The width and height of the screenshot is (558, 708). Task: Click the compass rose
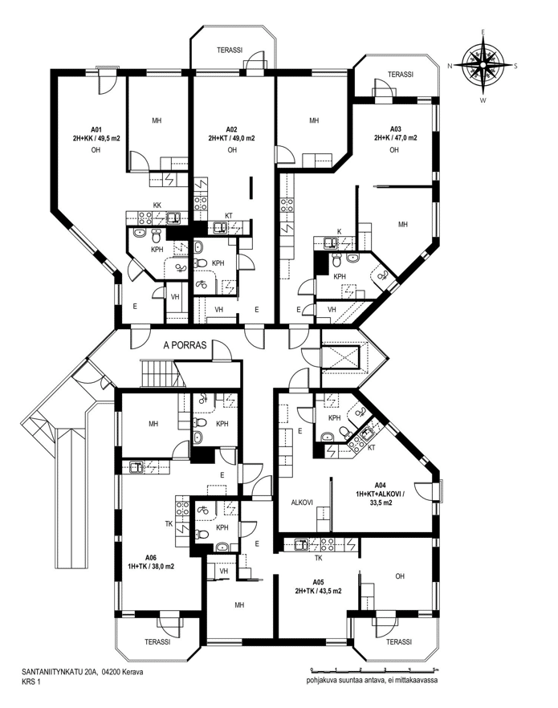coord(483,66)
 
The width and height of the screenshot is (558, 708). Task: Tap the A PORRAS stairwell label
coord(185,345)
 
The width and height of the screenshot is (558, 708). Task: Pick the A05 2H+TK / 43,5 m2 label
coord(318,587)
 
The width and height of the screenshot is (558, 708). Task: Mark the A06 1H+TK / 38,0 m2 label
coord(150,561)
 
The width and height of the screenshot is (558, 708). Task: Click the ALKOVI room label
coord(302,503)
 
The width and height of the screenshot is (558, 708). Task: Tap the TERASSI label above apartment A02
coord(230,50)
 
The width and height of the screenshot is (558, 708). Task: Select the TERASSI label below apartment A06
coord(157,641)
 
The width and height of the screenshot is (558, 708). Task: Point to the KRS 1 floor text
coord(31,682)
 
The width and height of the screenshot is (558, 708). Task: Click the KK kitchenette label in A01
coord(157,205)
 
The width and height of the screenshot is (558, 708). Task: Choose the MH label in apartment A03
coord(403,224)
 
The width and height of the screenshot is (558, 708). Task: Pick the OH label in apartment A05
coord(400,576)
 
